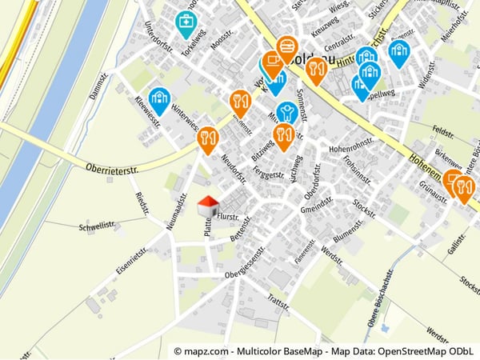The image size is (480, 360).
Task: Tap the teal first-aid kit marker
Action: click(186, 22)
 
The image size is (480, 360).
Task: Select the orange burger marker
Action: click(287, 47)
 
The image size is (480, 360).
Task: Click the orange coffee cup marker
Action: click(273, 62)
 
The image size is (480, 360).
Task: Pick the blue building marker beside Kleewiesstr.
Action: click(159, 98)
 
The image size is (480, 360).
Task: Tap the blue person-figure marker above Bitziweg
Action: click(286, 113)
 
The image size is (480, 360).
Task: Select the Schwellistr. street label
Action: click(98, 226)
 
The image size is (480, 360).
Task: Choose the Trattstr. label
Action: click(278, 302)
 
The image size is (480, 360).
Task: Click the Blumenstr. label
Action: click(348, 231)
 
